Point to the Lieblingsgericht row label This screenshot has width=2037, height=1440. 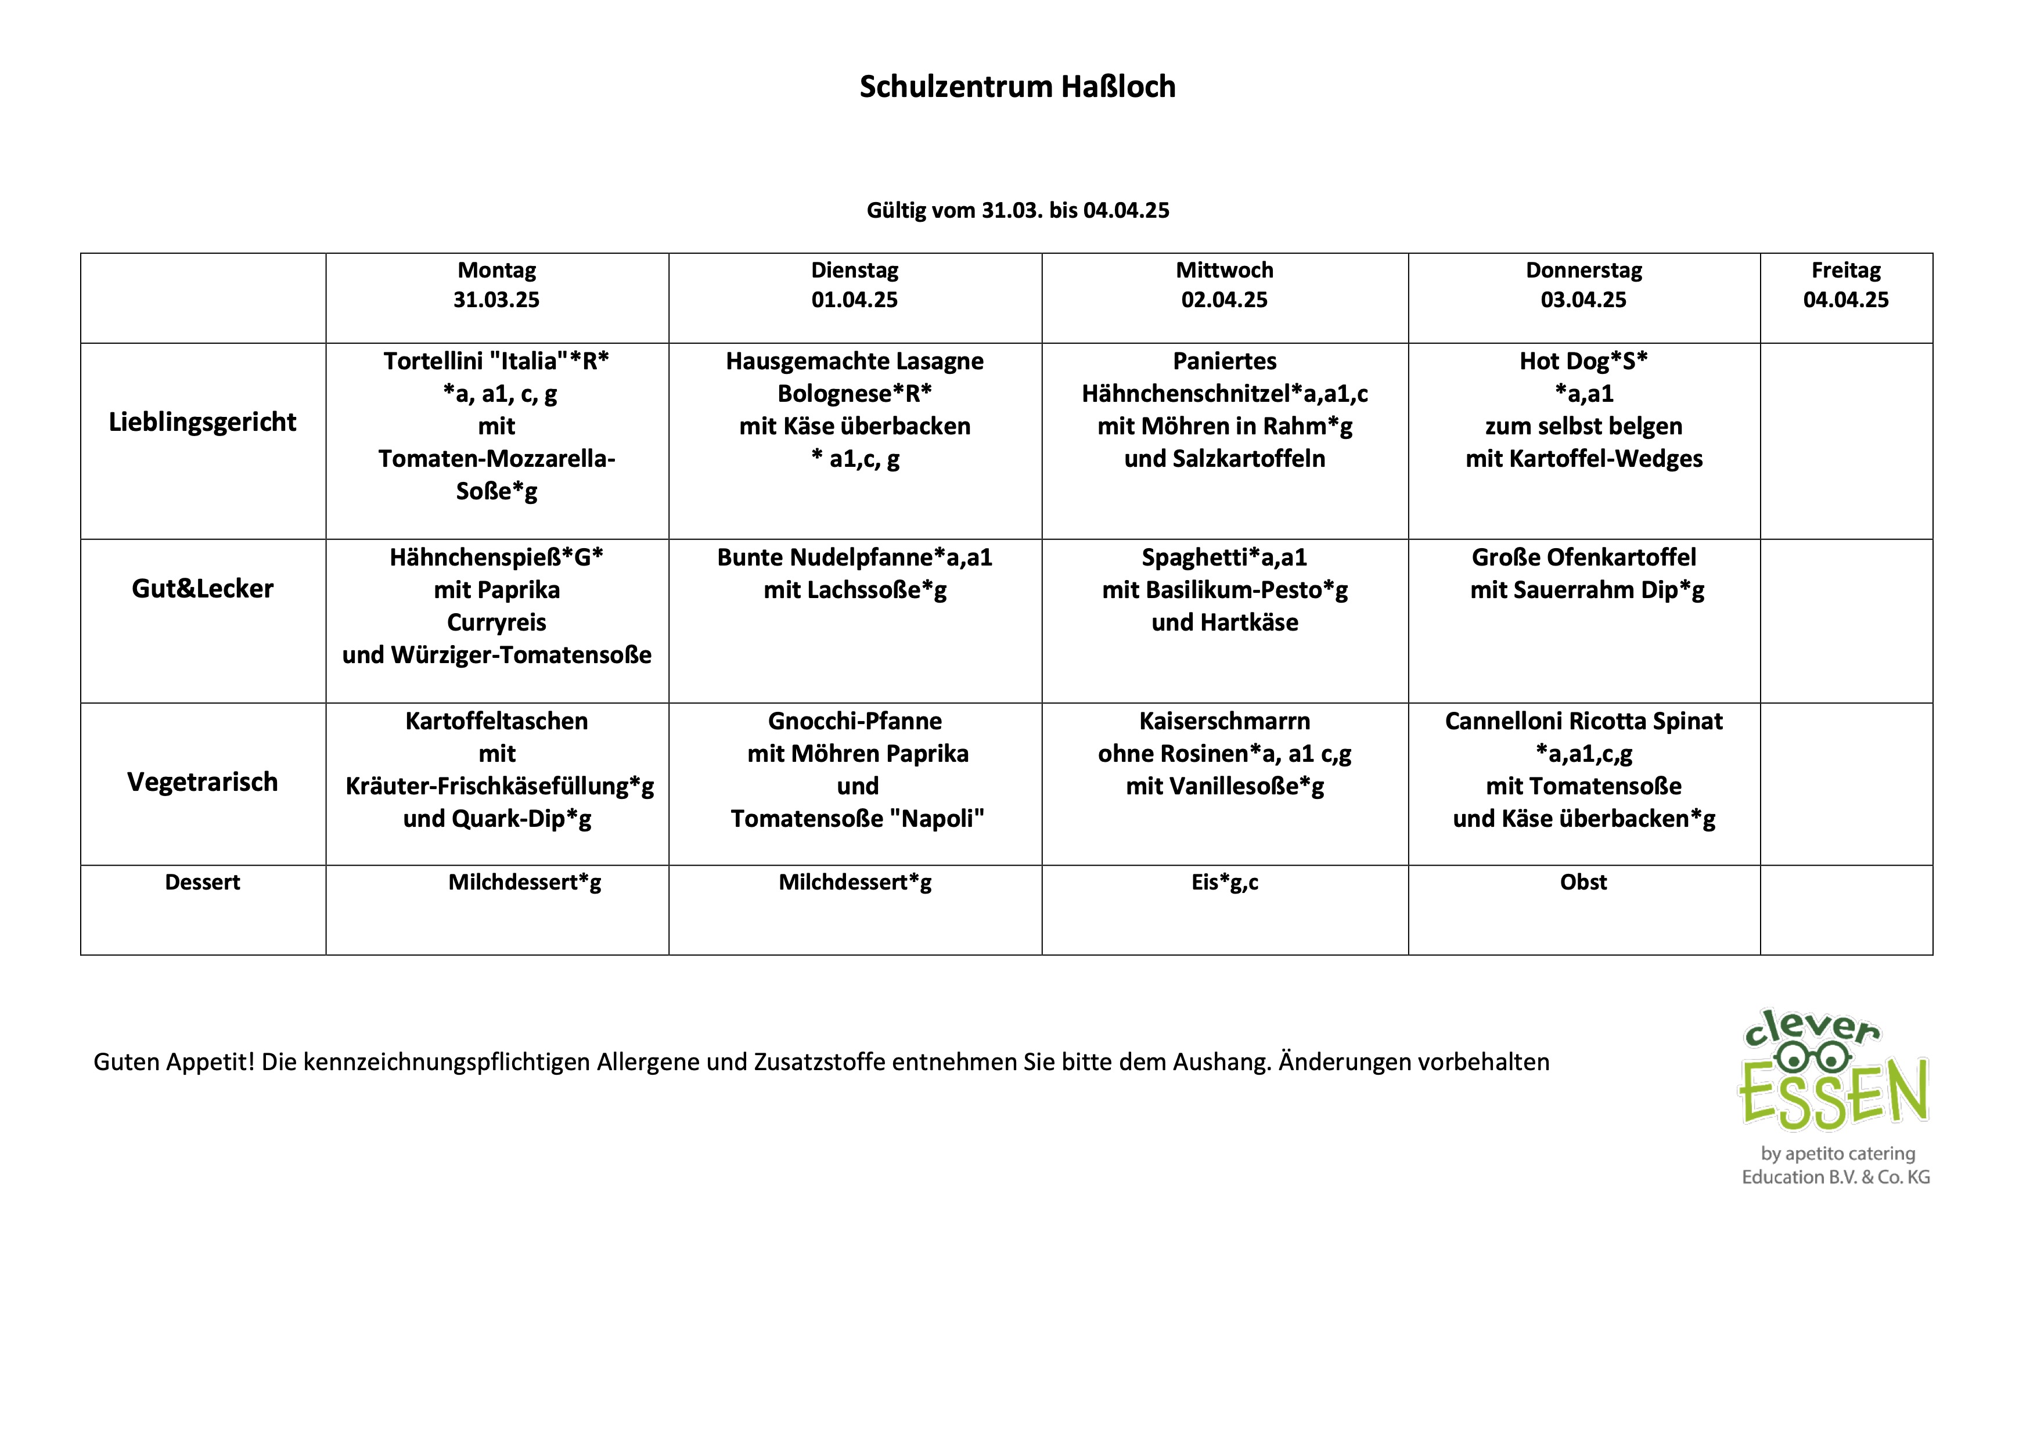(202, 422)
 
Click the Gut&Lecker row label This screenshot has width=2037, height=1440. (202, 588)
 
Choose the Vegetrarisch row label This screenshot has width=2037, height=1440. (202, 782)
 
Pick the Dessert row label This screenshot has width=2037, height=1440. (202, 882)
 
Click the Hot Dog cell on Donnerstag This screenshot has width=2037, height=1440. (1583, 410)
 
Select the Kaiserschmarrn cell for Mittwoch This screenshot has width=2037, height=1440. (1224, 753)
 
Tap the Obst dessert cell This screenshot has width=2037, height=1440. (1583, 882)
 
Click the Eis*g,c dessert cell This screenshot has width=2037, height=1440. (1224, 882)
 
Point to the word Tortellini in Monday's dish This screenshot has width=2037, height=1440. (432, 361)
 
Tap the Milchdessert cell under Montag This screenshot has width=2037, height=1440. (524, 882)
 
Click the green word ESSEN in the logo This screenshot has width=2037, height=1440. (1833, 1093)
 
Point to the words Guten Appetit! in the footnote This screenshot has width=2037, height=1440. (174, 1062)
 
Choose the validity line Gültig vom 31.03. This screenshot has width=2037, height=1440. (1017, 210)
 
